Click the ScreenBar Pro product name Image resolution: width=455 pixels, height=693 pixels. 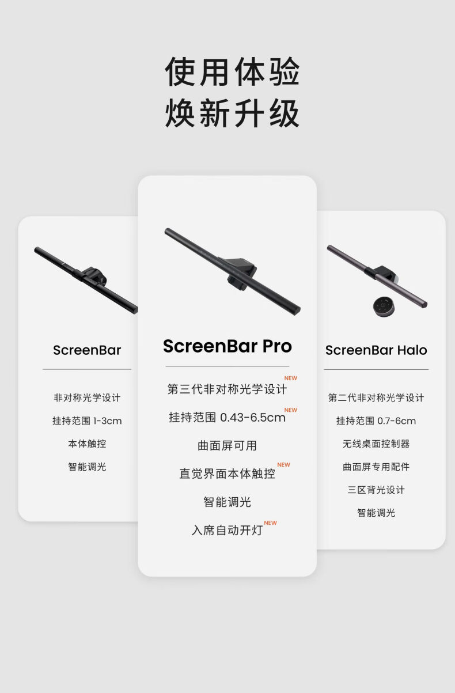227,346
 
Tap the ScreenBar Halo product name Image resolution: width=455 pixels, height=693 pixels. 376,350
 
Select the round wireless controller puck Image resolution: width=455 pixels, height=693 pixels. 383,306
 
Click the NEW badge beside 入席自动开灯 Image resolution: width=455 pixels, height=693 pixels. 270,523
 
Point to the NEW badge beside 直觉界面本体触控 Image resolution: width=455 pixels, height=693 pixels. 283,465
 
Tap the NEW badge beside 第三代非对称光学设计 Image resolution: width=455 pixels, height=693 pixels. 291,378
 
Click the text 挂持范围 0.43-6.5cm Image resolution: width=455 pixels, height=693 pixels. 227,417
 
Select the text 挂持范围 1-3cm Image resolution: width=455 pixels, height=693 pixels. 87,421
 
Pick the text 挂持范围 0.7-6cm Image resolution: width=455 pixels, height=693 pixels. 376,421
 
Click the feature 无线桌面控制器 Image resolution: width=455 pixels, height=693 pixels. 376,444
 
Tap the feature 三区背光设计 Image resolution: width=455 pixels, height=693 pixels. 376,490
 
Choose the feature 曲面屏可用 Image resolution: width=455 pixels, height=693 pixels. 227,445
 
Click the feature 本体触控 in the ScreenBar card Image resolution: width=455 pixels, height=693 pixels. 87,444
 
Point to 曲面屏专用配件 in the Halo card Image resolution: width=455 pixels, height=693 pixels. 376,467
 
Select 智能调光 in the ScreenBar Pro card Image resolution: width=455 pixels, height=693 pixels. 227,502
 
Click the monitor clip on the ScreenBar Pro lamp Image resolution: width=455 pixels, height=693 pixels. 240,272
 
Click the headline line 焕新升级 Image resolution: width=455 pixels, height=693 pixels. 232,113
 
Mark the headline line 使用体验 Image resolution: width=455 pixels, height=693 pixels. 232,71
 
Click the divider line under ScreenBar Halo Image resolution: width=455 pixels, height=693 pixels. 376,369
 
